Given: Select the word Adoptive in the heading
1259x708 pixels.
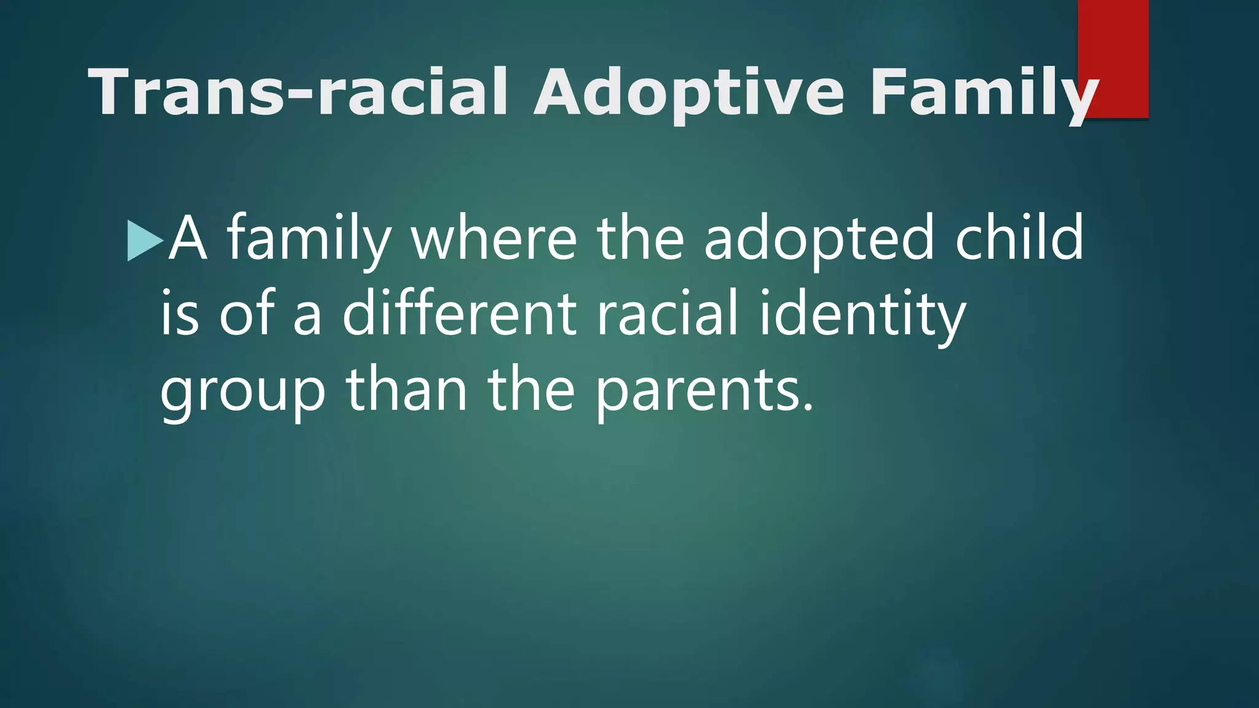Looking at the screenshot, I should [x=689, y=92].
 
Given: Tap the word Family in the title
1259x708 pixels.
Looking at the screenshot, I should [x=984, y=92].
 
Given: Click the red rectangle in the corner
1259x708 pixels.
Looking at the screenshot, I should [x=1113, y=58].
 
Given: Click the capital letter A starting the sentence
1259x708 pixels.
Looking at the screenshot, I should [x=187, y=238].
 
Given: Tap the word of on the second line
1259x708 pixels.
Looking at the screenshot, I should [x=247, y=313].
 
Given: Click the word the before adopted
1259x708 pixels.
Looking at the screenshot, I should [x=640, y=238].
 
